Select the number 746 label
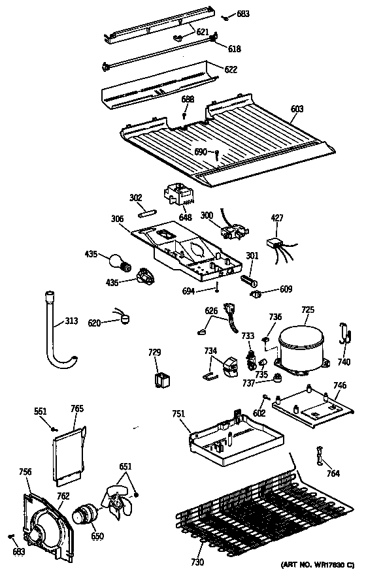click(x=339, y=386)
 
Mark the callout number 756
click(x=25, y=472)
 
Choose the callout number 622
click(x=231, y=69)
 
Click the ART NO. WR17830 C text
click(x=317, y=564)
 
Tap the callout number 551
click(x=41, y=411)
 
